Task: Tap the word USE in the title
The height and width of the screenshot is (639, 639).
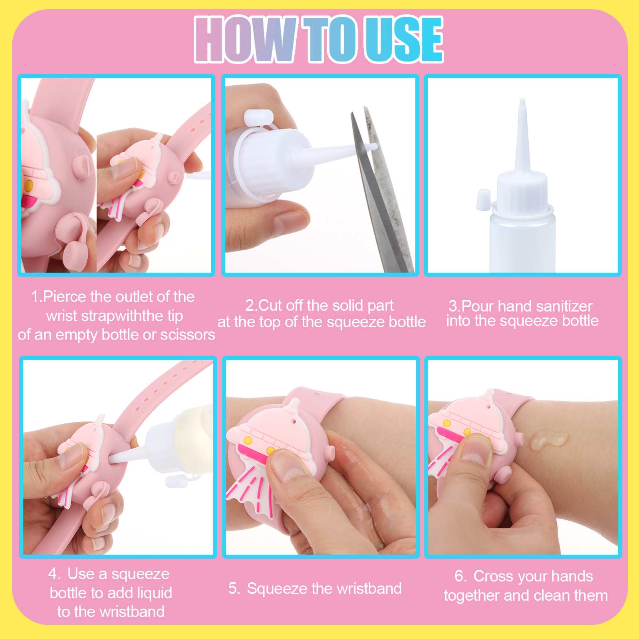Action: pyautogui.click(x=404, y=39)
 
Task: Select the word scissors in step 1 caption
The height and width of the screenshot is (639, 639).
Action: pyautogui.click(x=188, y=335)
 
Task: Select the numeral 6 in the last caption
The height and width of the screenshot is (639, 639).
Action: pyautogui.click(x=459, y=576)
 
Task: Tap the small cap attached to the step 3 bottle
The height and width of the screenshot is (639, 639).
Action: pyautogui.click(x=483, y=200)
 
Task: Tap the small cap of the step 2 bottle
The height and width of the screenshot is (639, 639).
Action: pyautogui.click(x=258, y=118)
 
